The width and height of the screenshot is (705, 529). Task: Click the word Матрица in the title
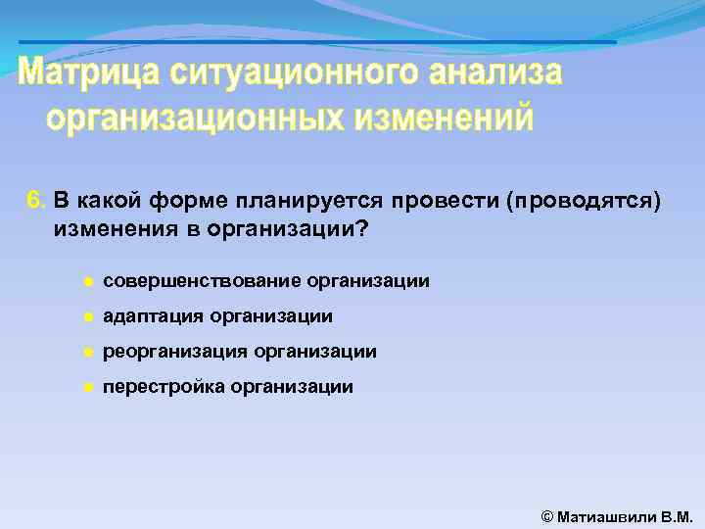click(90, 73)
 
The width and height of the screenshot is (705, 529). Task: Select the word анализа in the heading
click(494, 73)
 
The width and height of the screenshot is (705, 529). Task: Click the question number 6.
click(35, 202)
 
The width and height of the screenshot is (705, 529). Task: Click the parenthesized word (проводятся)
click(582, 202)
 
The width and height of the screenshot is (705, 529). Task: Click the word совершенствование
click(202, 282)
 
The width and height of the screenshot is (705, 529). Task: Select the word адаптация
click(148, 317)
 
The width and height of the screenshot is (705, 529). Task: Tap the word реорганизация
click(175, 352)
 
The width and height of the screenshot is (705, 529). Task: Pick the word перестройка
click(164, 387)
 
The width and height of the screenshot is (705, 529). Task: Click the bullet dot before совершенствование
click(87, 282)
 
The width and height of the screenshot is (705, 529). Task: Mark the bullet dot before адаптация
click(87, 317)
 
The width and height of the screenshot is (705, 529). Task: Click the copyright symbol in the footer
click(547, 516)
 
